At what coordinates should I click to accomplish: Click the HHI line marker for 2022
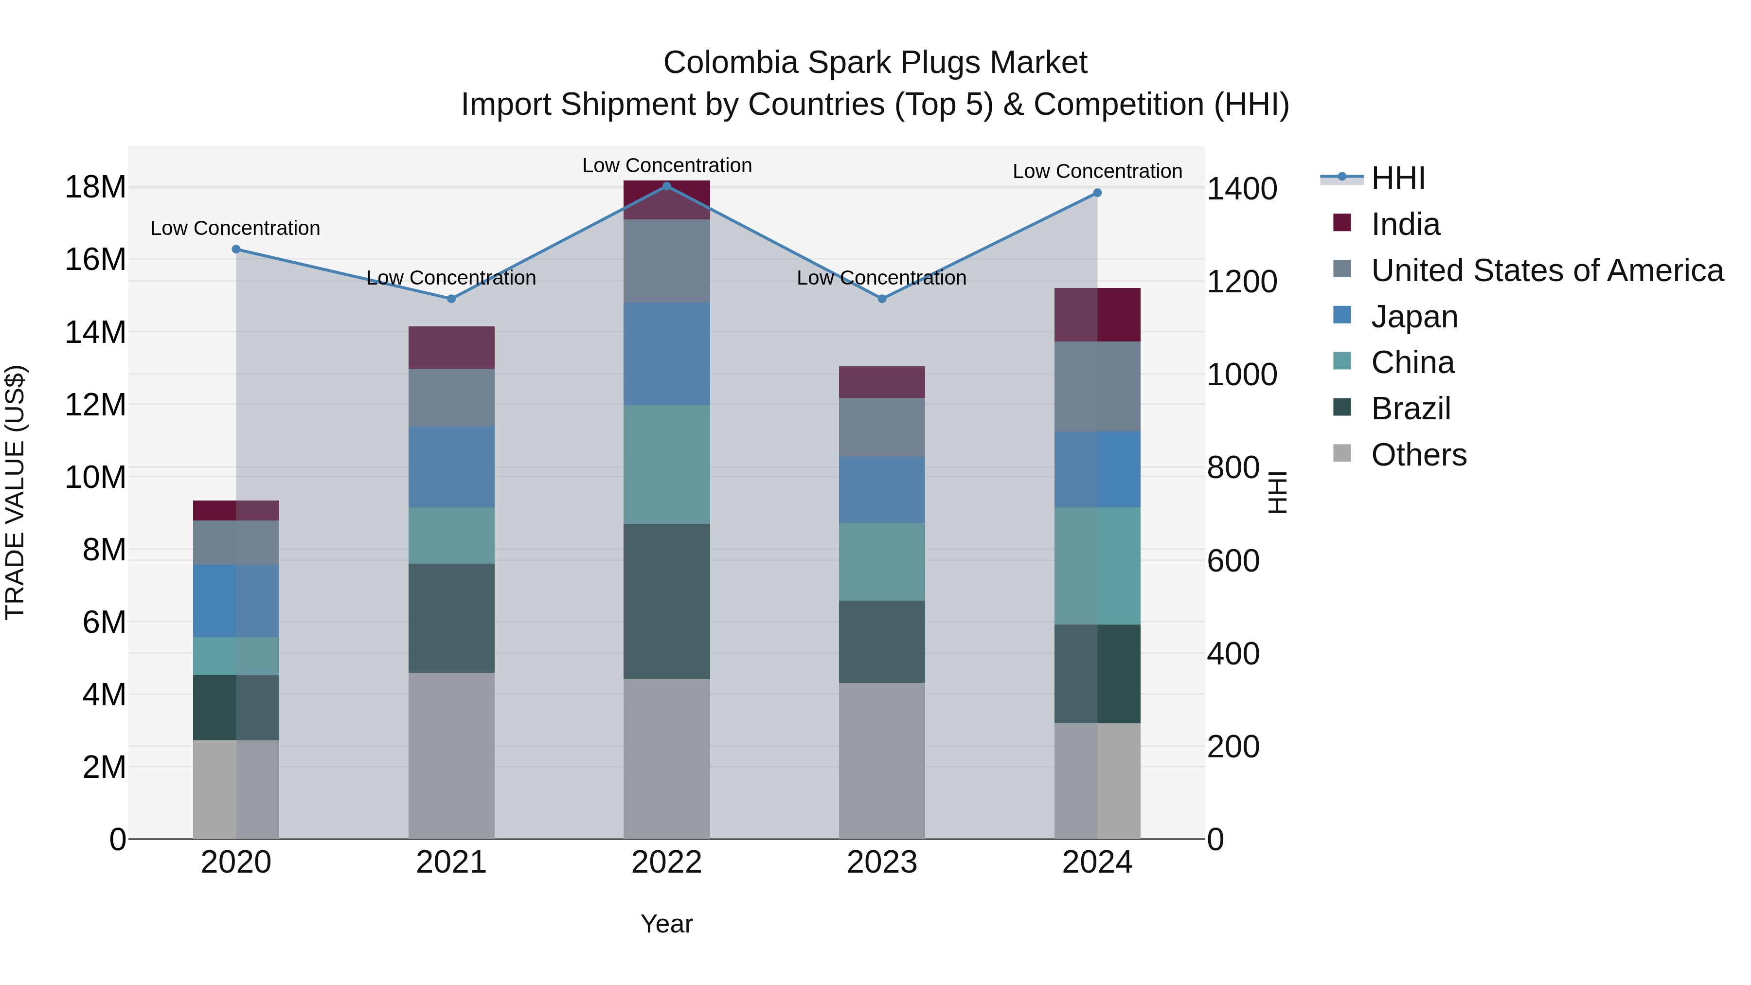tap(666, 186)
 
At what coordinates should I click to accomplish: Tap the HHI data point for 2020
tap(236, 250)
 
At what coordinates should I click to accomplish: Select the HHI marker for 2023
tap(882, 299)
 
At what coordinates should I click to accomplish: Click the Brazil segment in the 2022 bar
tap(666, 602)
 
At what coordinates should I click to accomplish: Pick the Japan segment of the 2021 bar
tap(451, 467)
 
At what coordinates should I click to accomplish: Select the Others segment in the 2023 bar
tap(882, 761)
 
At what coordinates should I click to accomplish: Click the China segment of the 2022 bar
tap(666, 465)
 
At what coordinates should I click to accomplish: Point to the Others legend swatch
tap(1342, 453)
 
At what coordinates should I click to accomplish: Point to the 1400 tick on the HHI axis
tap(1241, 189)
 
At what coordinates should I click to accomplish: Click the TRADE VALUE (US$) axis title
tap(15, 492)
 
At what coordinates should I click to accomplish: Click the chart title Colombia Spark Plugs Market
tap(875, 63)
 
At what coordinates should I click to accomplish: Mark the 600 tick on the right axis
tap(1233, 561)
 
